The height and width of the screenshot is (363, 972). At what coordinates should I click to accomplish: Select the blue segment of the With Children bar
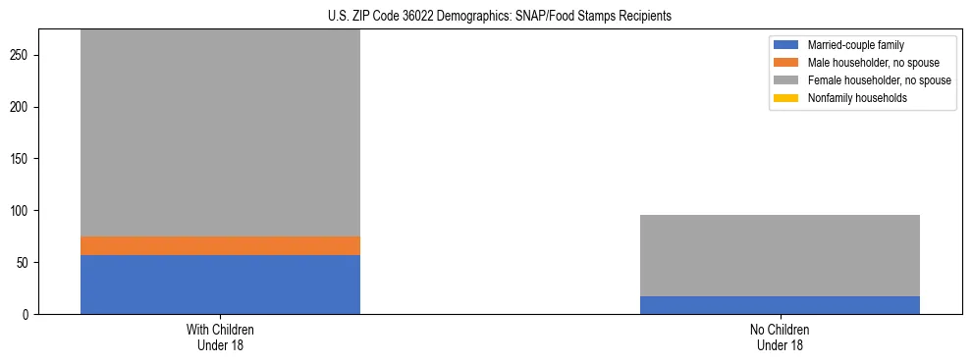tap(220, 285)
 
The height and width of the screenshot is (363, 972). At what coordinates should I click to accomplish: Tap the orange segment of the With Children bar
tap(220, 245)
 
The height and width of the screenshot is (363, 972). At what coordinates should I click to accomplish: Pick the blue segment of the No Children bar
tap(780, 305)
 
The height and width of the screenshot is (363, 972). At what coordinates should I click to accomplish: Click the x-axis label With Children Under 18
tap(220, 337)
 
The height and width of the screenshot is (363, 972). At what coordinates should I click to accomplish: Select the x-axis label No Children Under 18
tap(780, 337)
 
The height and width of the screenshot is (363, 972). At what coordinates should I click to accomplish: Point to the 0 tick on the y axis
tap(27, 315)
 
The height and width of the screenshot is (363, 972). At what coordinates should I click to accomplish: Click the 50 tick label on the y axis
tap(25, 263)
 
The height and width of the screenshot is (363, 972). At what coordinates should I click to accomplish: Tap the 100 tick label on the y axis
tap(22, 211)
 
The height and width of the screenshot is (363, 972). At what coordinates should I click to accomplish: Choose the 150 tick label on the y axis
tap(22, 159)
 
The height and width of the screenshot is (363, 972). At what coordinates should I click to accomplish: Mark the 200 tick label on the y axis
tap(22, 107)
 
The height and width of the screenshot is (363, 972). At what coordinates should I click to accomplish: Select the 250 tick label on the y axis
tap(22, 56)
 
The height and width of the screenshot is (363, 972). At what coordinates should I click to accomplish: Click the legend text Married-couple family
tap(855, 45)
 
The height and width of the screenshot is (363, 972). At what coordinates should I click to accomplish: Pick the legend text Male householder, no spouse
tap(873, 63)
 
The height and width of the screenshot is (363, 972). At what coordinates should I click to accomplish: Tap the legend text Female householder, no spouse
tap(879, 80)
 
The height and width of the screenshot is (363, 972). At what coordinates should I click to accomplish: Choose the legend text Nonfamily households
tap(857, 98)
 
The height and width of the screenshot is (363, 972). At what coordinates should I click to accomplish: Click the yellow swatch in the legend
tap(786, 98)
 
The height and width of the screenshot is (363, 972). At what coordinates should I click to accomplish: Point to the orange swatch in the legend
tap(786, 63)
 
